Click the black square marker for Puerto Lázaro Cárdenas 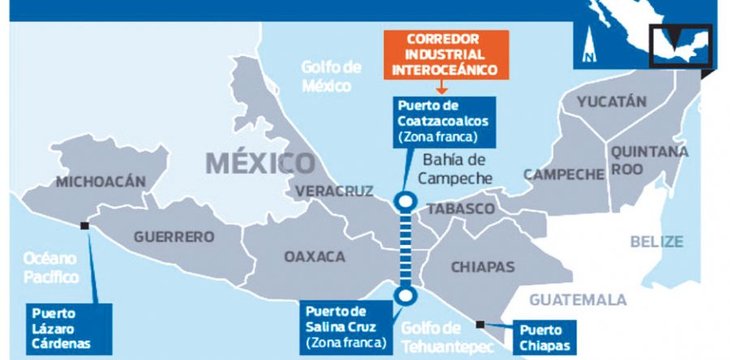click(x=85, y=228)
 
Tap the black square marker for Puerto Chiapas click(x=481, y=324)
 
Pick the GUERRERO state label click(x=174, y=238)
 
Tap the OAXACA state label click(x=314, y=257)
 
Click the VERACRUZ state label click(x=334, y=191)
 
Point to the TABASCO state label click(x=460, y=209)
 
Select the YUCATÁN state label click(x=612, y=102)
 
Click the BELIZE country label click(x=657, y=241)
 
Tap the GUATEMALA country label click(x=578, y=300)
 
